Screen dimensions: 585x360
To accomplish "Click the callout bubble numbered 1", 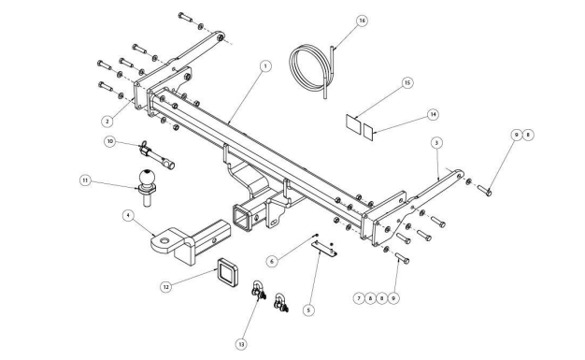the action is (265, 66).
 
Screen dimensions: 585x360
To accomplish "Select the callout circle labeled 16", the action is (362, 21).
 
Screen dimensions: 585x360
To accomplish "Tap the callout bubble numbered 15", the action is (407, 82).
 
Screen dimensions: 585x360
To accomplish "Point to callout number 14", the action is (433, 114).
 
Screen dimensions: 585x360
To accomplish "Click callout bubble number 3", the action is (436, 143).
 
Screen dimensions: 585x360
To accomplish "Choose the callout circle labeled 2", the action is (107, 121).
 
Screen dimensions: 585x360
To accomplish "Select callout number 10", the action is (110, 141).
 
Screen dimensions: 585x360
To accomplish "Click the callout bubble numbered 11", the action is (85, 180).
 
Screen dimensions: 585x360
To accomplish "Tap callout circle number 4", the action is (128, 215).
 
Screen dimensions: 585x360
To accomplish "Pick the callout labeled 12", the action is (166, 287).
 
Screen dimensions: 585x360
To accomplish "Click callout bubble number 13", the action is (241, 344).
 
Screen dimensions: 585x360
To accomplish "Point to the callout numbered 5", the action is (308, 310).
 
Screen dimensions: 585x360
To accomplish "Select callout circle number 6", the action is (272, 262).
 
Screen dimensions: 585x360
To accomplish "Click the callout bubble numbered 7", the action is (359, 298).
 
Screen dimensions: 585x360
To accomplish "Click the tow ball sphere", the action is (147, 178).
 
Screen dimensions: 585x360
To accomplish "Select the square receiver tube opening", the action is (242, 216).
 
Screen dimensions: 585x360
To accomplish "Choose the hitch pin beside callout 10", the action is (157, 155).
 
